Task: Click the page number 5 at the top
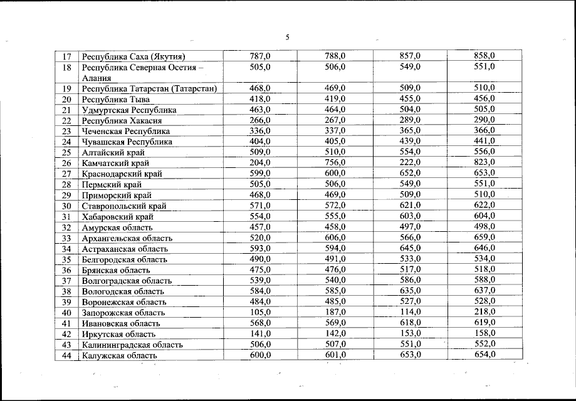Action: click(288, 37)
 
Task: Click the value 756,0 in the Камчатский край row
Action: click(335, 163)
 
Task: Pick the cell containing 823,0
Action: click(484, 163)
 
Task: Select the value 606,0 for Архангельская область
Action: click(335, 237)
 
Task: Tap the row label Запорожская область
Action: click(123, 313)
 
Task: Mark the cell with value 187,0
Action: click(335, 312)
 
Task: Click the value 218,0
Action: click(484, 312)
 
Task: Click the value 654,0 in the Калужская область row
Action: click(484, 355)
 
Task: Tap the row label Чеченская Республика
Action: click(126, 131)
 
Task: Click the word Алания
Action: click(97, 78)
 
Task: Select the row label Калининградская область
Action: click(132, 345)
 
